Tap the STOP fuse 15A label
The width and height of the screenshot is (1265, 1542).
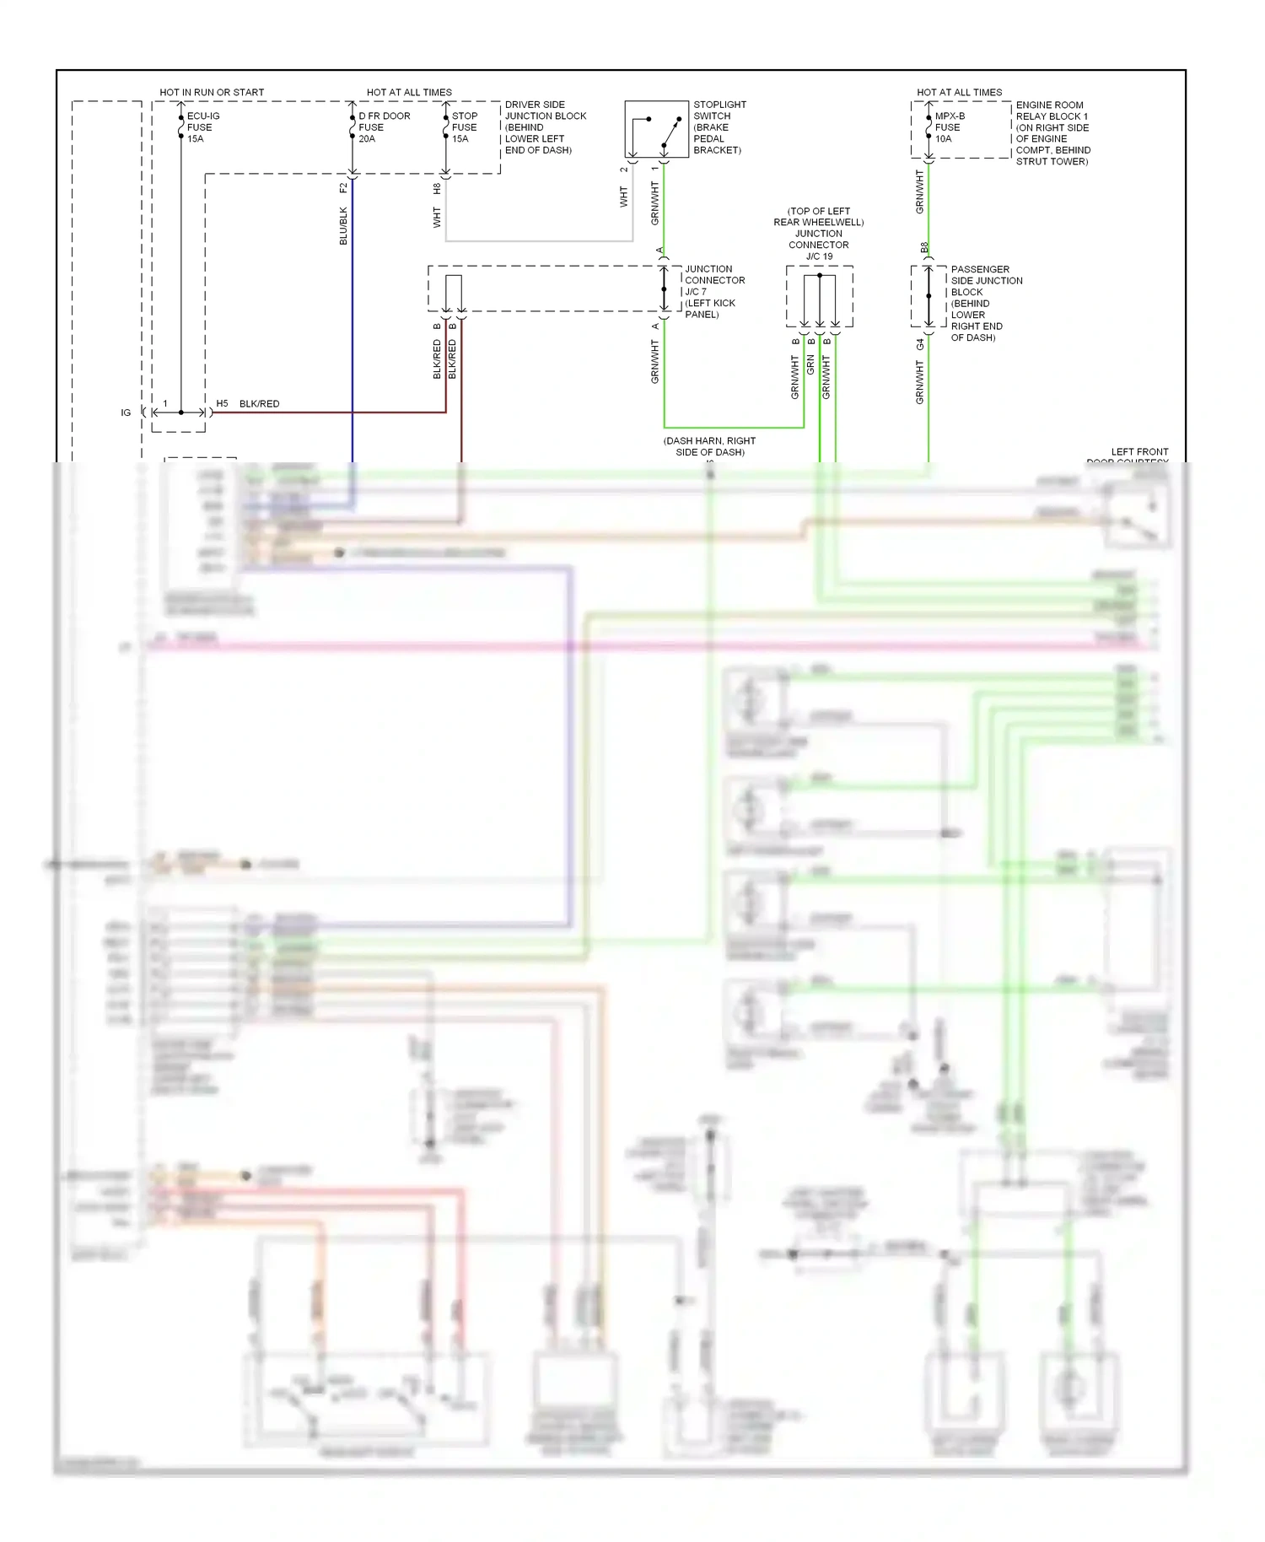[x=464, y=127]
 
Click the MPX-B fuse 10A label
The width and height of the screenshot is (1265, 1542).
[x=949, y=127]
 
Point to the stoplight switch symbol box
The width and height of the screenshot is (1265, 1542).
[x=656, y=129]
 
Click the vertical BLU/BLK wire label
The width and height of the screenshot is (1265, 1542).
[x=343, y=226]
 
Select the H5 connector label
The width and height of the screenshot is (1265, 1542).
[x=222, y=404]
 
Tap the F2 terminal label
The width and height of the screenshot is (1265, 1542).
[x=343, y=188]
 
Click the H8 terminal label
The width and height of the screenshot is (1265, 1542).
[x=437, y=189]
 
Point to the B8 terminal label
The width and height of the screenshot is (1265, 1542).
[x=924, y=248]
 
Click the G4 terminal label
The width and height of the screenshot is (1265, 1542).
[x=920, y=344]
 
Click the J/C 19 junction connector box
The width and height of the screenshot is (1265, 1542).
[x=819, y=296]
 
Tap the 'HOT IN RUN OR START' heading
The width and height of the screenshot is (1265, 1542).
[x=212, y=92]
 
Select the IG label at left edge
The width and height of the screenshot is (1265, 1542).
[x=126, y=412]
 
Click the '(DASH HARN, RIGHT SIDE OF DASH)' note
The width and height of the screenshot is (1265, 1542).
[x=709, y=446]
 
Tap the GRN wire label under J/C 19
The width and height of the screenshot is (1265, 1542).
[x=810, y=364]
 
